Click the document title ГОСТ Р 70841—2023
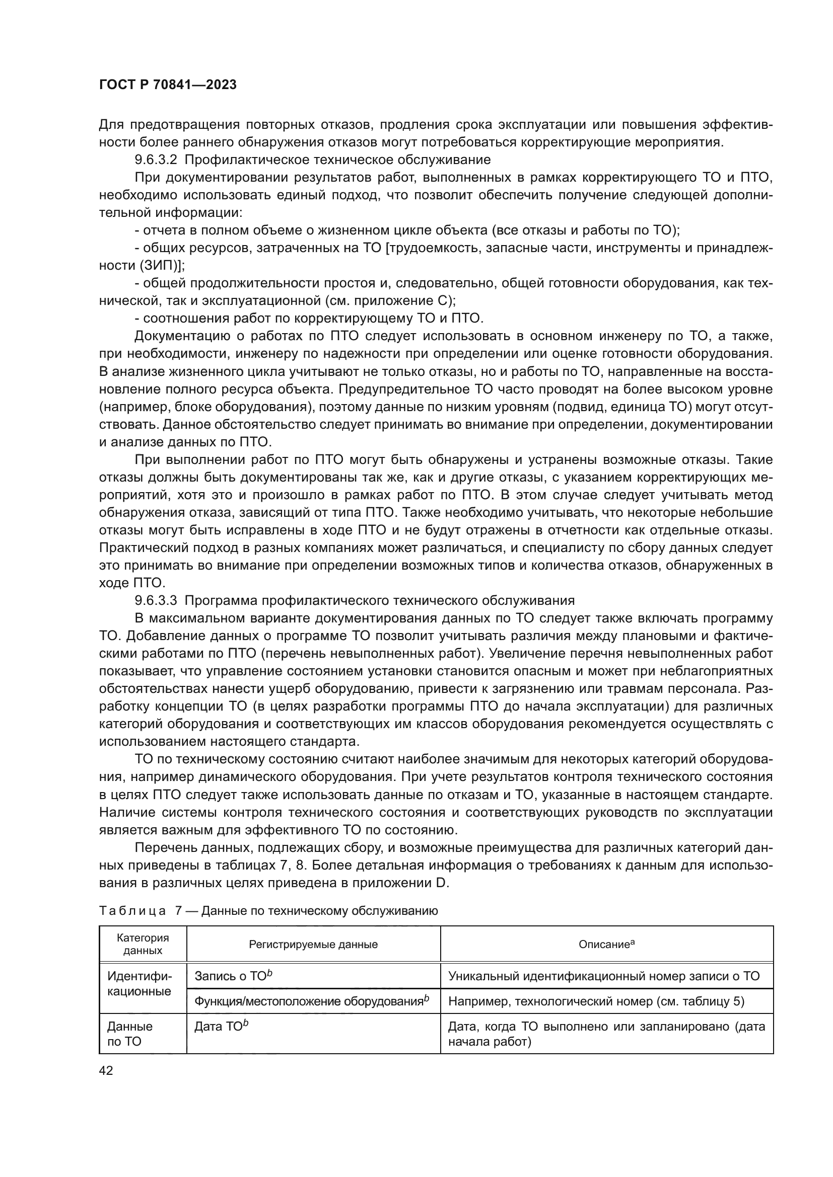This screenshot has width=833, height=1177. tap(168, 85)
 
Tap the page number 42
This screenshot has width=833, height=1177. tap(106, 1070)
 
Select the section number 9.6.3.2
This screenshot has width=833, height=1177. tap(156, 160)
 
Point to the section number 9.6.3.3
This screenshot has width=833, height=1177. tap(156, 600)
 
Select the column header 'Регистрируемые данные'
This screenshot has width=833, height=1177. tap(313, 944)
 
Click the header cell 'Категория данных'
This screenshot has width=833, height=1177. tap(143, 944)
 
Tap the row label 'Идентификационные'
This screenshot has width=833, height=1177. tap(139, 983)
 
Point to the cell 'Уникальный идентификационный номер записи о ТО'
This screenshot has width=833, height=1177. tap(604, 976)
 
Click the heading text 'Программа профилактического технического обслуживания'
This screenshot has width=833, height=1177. tap(379, 600)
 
